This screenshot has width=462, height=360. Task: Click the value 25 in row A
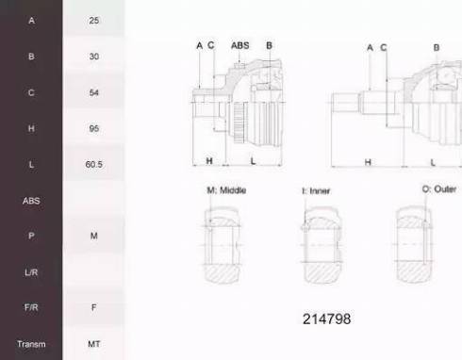(x=93, y=21)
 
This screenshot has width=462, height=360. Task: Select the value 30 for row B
(x=93, y=57)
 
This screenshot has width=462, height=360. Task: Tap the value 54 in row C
(x=93, y=92)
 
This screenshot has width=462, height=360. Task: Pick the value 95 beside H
(x=93, y=128)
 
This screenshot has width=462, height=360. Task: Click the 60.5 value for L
(x=93, y=164)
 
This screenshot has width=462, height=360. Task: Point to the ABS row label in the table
(x=31, y=201)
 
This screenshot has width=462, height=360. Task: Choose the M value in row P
(x=93, y=236)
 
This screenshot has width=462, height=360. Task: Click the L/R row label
(x=31, y=272)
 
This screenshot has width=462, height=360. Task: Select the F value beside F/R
(x=93, y=307)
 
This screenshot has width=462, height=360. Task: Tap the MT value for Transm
(x=93, y=344)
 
